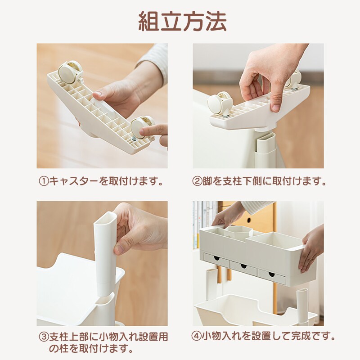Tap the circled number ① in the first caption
(43, 182)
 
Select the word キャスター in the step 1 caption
(72, 182)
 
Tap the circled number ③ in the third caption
(43, 337)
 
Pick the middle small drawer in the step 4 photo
(243, 267)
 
